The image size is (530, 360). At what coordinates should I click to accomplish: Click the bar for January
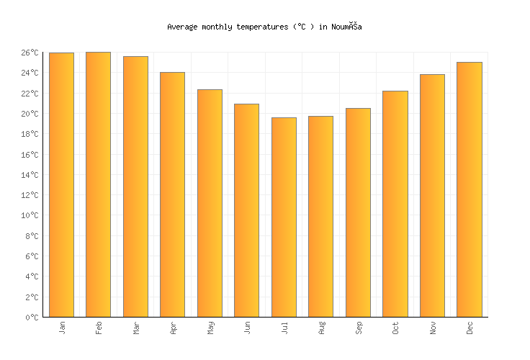61,184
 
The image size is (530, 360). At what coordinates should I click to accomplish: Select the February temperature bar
98,184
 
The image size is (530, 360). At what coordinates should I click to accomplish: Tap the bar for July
284,217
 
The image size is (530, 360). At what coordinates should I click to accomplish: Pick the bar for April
172,194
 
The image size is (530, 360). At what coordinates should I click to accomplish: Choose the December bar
470,189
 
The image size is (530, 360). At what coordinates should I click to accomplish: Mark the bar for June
246,210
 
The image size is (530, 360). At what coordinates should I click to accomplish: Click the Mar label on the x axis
136,328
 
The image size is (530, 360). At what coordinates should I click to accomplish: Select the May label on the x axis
210,328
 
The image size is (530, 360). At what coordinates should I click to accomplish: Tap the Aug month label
321,328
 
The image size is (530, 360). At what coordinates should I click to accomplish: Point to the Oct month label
395,328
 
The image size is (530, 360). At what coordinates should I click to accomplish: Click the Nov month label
433,328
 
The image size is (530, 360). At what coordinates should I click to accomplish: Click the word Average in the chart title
182,27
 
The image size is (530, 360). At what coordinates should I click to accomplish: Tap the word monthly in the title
218,27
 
